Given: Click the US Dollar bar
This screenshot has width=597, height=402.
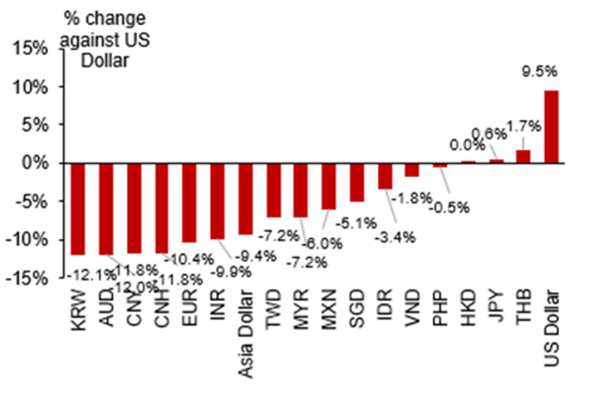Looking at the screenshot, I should click(x=551, y=126).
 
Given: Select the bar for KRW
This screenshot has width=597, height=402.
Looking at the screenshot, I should click(x=78, y=209).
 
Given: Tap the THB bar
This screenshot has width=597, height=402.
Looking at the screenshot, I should click(x=523, y=156).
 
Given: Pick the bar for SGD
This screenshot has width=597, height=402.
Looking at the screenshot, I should click(x=357, y=182).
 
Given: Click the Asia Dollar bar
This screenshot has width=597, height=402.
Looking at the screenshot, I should click(x=245, y=199).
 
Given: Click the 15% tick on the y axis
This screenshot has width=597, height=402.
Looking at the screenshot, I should click(x=32, y=48).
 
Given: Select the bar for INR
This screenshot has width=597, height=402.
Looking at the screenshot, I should click(x=217, y=201).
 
